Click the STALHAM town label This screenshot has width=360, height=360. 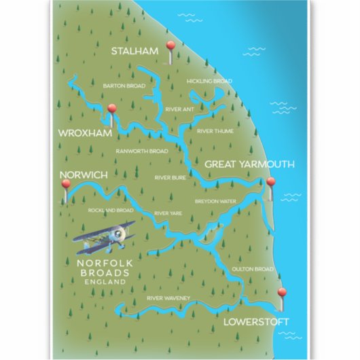[x=136, y=51]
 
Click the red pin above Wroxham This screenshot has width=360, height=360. [x=112, y=108]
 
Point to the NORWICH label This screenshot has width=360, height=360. [x=84, y=175]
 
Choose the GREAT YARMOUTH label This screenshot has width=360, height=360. [x=249, y=164]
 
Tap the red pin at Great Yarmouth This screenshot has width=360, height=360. [x=271, y=183]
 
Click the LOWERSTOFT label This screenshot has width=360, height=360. [x=258, y=321]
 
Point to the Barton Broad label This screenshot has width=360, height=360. [x=124, y=86]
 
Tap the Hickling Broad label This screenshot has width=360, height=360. [x=209, y=81]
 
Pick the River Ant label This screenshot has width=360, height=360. [x=180, y=108]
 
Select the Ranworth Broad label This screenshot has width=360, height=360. [x=141, y=151]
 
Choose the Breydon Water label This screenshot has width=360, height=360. [x=215, y=201]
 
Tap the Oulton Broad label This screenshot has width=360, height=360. [x=252, y=269]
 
